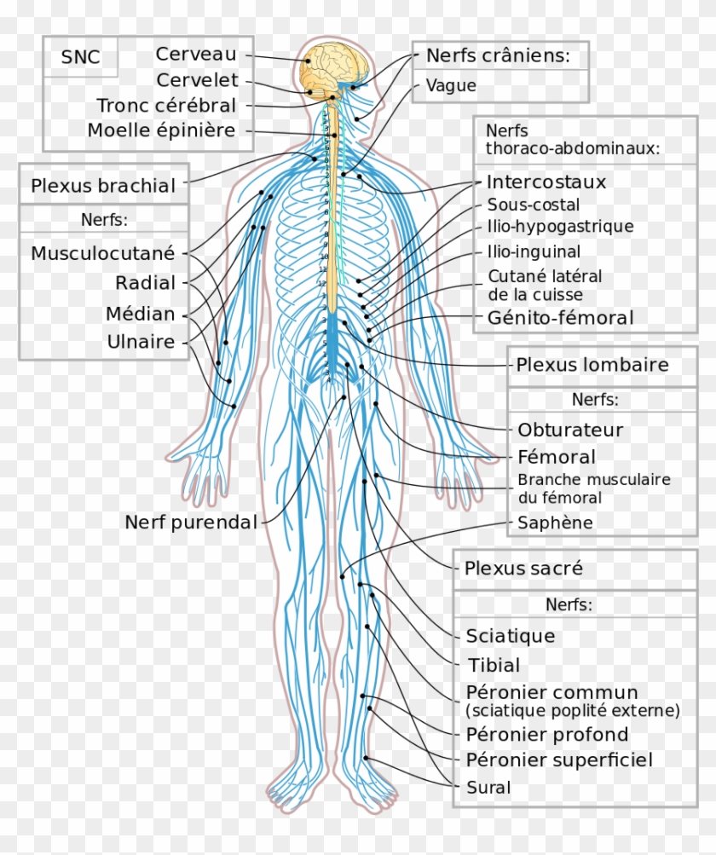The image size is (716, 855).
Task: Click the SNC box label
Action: pyautogui.click(x=80, y=57)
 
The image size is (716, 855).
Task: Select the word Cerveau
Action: pyautogui.click(x=196, y=54)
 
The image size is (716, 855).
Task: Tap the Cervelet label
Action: pyautogui.click(x=197, y=80)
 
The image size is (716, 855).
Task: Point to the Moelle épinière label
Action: pyautogui.click(x=161, y=130)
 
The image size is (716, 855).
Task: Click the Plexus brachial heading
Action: pyautogui.click(x=103, y=185)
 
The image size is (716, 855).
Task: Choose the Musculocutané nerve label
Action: pyautogui.click(x=102, y=253)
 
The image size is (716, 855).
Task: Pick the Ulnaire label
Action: pyautogui.click(x=141, y=342)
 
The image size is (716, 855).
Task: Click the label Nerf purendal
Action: pyautogui.click(x=191, y=523)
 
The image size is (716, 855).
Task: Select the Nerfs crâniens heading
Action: pyautogui.click(x=498, y=55)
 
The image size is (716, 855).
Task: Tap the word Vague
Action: pyautogui.click(x=451, y=85)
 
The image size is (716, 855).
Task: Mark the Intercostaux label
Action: pyautogui.click(x=546, y=182)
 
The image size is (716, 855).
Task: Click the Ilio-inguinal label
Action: pyautogui.click(x=534, y=251)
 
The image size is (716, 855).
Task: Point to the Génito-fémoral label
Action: pyautogui.click(x=561, y=317)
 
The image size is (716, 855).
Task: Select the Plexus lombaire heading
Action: pyautogui.click(x=592, y=365)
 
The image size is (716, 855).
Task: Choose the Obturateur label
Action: pyautogui.click(x=570, y=430)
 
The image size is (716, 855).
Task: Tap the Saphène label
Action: pyautogui.click(x=555, y=523)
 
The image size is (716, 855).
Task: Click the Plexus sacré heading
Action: pyautogui.click(x=523, y=569)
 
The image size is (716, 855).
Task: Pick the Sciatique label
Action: pyautogui.click(x=511, y=636)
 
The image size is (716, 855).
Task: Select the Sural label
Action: pyautogui.click(x=488, y=788)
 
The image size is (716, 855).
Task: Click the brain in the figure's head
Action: pyautogui.click(x=337, y=67)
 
